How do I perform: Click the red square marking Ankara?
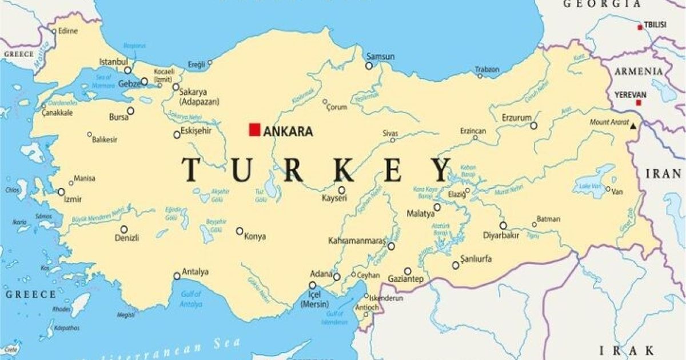[254, 130]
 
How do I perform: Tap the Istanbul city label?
[113, 61]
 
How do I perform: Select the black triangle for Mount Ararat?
[633, 125]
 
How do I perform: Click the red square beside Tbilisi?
[640, 27]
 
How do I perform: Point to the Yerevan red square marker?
[638, 103]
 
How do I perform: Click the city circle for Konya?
[240, 231]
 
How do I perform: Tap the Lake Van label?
[589, 186]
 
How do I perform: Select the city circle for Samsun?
[369, 66]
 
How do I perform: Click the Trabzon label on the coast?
[488, 70]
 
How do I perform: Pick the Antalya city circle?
[177, 276]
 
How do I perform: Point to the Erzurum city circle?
[533, 126]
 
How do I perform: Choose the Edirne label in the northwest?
[67, 31]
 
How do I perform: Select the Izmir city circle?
[61, 192]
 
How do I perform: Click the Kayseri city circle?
[341, 190]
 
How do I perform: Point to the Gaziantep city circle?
[408, 271]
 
